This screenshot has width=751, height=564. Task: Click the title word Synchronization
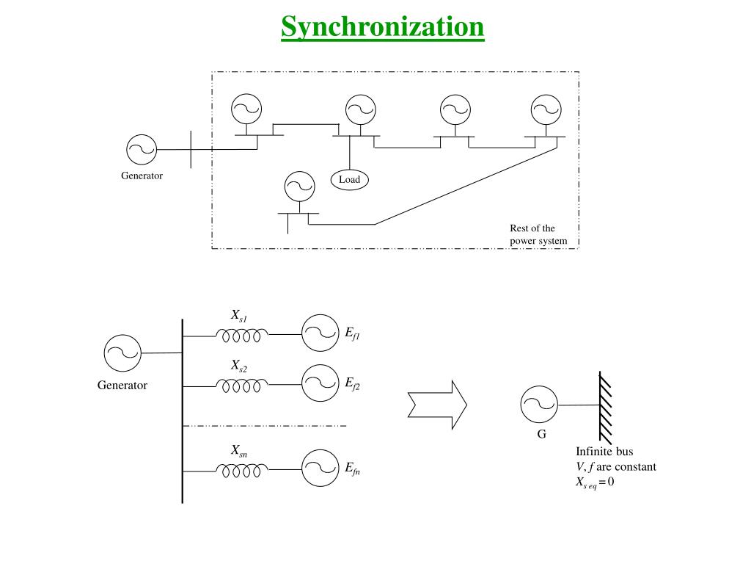[x=382, y=27]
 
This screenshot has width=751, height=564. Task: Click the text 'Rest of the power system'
[x=538, y=234]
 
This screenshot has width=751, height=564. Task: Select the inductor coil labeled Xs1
[x=242, y=335]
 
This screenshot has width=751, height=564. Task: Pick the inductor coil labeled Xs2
[x=242, y=386]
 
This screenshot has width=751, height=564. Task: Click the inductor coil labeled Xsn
[x=242, y=471]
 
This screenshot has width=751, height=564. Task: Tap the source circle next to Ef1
[x=320, y=333]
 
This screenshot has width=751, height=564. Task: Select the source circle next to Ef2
[x=320, y=383]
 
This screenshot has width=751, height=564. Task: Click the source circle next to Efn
[x=320, y=468]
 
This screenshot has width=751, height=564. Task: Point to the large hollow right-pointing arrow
[x=437, y=405]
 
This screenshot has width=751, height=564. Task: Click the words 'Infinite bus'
[x=604, y=452]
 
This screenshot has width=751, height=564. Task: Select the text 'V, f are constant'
[x=616, y=466]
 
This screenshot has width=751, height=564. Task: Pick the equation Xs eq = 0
[x=595, y=482]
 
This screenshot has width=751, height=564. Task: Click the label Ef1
[x=353, y=333]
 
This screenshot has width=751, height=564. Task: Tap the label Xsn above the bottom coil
[x=239, y=451]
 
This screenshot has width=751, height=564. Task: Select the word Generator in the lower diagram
[x=122, y=385]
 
